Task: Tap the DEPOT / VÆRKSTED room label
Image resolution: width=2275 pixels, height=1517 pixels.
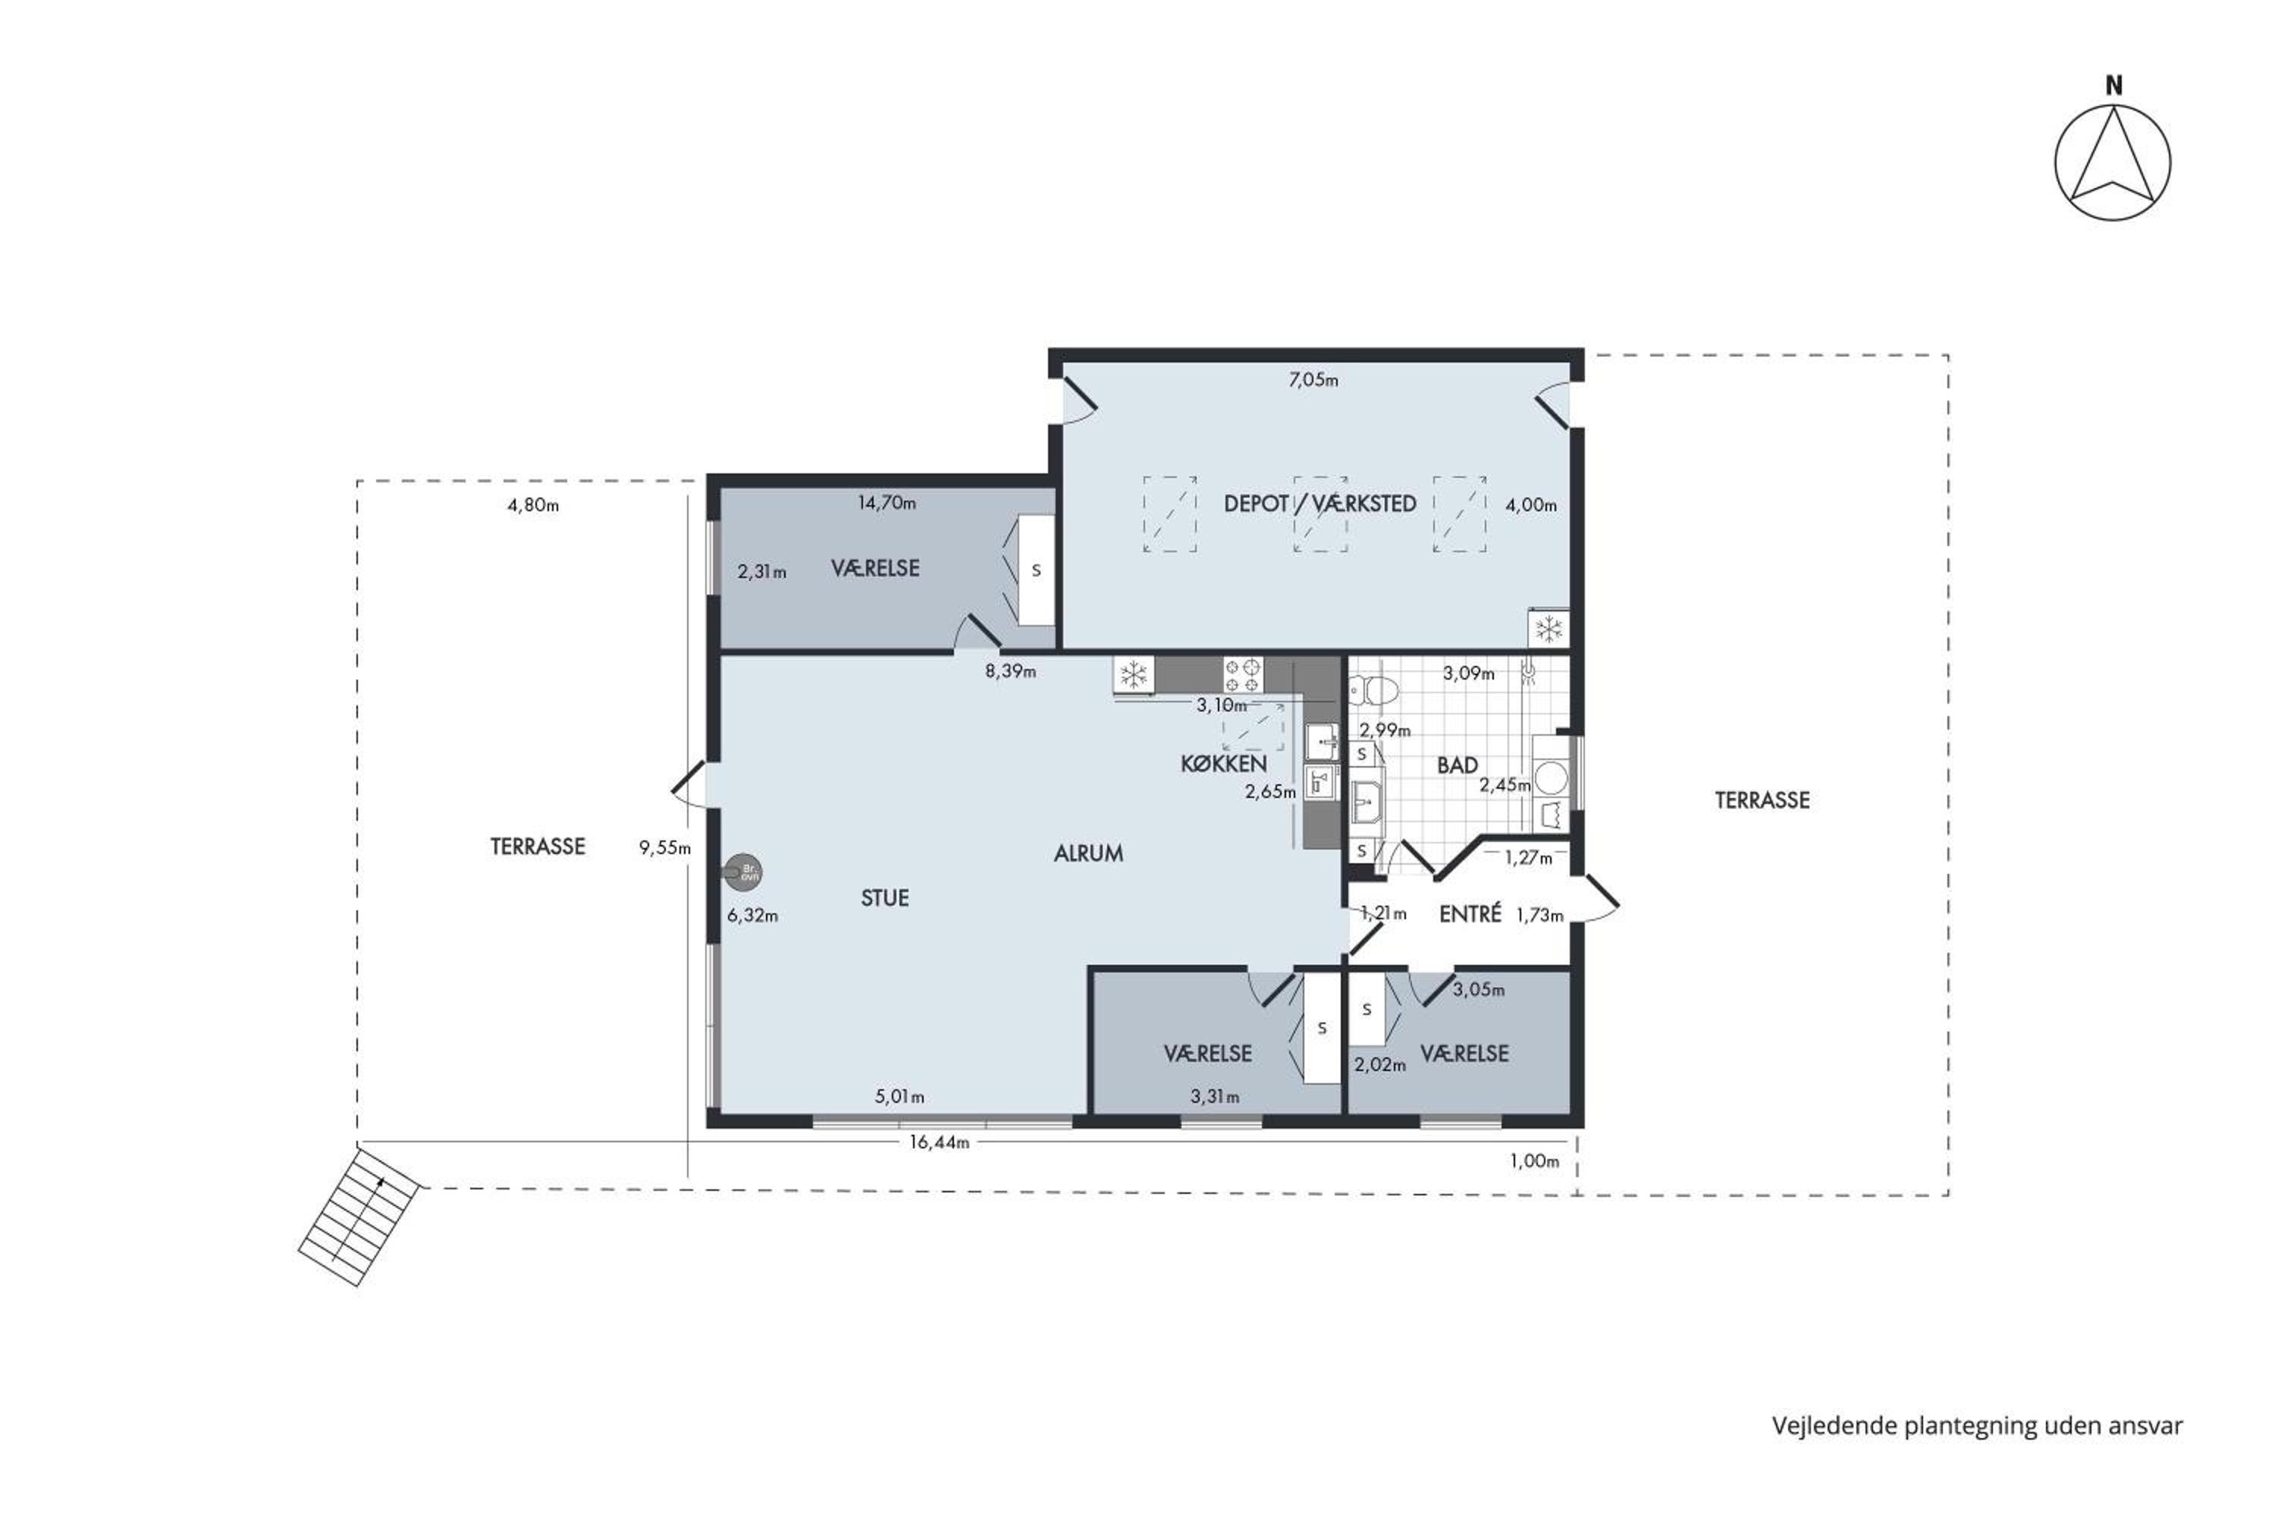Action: pyautogui.click(x=1319, y=503)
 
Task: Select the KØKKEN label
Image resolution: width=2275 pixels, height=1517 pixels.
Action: pyautogui.click(x=1224, y=763)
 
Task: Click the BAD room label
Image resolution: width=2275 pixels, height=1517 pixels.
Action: pyautogui.click(x=1457, y=765)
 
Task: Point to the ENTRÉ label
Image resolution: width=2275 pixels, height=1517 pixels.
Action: pyautogui.click(x=1470, y=913)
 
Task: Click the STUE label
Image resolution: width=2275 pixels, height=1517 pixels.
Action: pyautogui.click(x=885, y=898)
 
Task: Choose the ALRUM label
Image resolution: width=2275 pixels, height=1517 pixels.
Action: pyautogui.click(x=1088, y=853)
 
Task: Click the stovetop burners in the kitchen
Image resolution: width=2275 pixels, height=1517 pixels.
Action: pyautogui.click(x=1243, y=674)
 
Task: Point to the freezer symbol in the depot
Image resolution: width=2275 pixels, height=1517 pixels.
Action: pyautogui.click(x=1549, y=630)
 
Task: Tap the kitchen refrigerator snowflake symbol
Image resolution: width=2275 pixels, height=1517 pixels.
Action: pyautogui.click(x=1133, y=674)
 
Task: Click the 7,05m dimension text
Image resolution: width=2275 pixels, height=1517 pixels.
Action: pyautogui.click(x=1313, y=380)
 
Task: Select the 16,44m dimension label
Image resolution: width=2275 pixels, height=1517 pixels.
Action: pyautogui.click(x=938, y=1142)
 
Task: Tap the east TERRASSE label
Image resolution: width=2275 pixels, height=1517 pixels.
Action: pyautogui.click(x=1762, y=800)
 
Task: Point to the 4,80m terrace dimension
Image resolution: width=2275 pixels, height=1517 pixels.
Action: pyautogui.click(x=533, y=505)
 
